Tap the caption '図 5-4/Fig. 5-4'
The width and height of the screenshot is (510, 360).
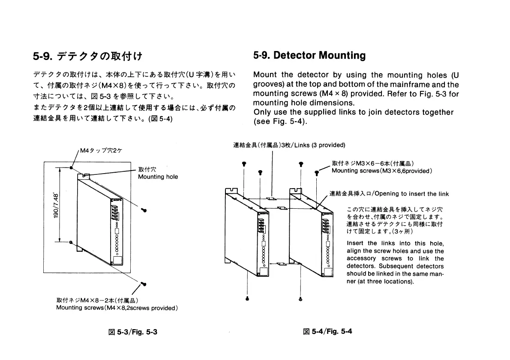[328, 331]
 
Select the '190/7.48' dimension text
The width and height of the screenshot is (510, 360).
[55, 206]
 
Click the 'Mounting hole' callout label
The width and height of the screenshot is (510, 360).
[158, 177]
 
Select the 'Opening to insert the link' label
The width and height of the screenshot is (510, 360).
[411, 194]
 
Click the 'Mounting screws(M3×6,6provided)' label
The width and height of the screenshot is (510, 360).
[381, 171]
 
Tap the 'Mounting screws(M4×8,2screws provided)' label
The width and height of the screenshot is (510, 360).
[117, 308]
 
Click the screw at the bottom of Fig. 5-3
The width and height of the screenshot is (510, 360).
[144, 283]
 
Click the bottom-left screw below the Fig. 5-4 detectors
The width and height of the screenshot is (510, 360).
[247, 298]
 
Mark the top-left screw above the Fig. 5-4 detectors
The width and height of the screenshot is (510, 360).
[244, 163]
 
